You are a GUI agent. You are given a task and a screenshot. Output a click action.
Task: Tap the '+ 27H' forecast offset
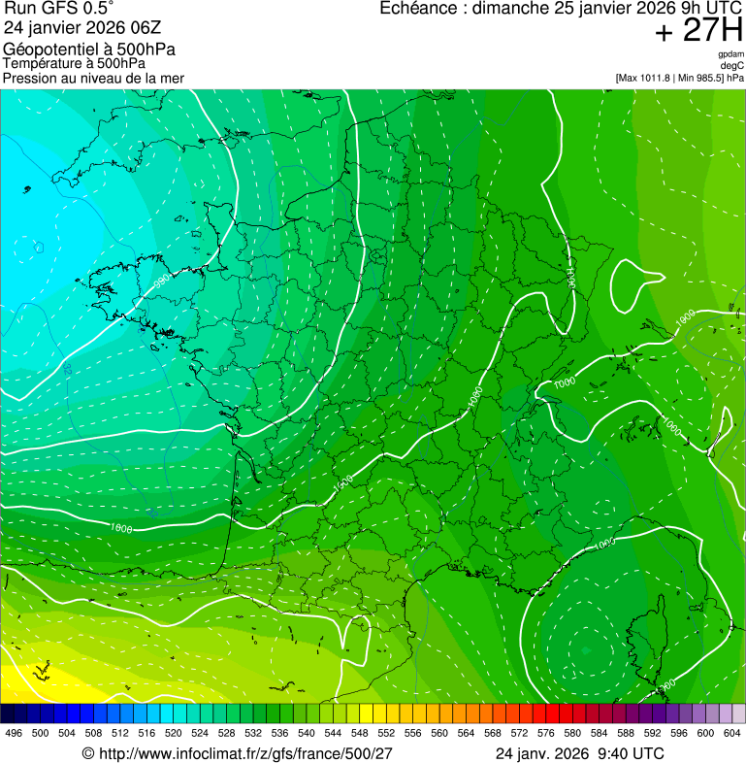pyautogui.click(x=698, y=31)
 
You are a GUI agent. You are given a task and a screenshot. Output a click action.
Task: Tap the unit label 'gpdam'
pyautogui.click(x=730, y=54)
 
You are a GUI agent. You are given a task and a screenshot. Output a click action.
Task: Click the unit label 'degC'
pyautogui.click(x=733, y=65)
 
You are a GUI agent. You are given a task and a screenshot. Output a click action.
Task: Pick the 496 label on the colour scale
pyautogui.click(x=14, y=734)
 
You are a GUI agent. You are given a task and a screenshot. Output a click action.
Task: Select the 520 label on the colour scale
pyautogui.click(x=174, y=734)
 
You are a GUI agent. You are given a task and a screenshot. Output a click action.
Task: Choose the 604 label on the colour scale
pyautogui.click(x=732, y=734)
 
